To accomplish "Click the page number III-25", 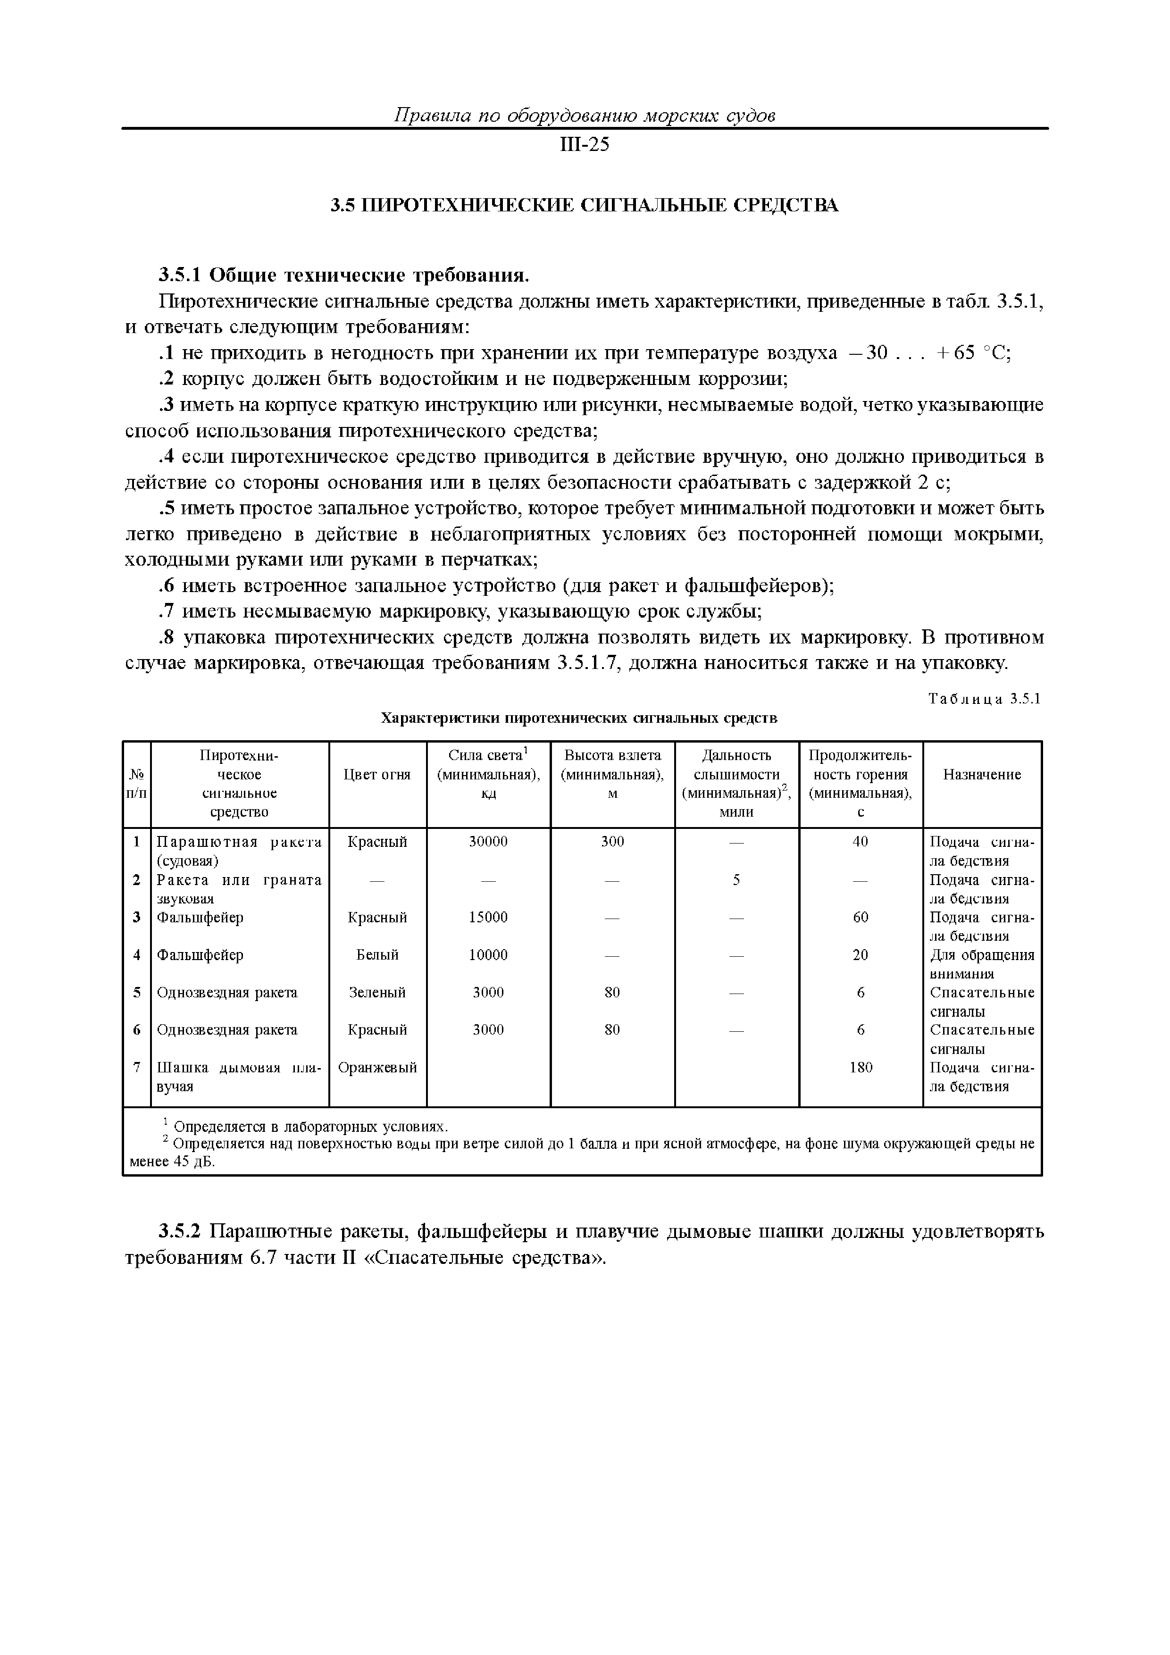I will point(584,146).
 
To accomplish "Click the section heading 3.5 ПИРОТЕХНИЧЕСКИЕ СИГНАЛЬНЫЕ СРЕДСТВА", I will point(584,206).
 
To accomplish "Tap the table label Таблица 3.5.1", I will point(984,699).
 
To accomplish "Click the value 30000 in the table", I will point(488,842).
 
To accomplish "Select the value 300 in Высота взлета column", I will point(612,842).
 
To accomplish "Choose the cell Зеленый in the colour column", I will point(377,993).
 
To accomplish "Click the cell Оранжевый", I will point(377,1068).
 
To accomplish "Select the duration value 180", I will point(861,1068).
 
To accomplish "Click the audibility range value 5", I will point(736,880).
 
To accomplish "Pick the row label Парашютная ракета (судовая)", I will point(239,851).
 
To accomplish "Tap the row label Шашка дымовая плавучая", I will point(239,1077).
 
